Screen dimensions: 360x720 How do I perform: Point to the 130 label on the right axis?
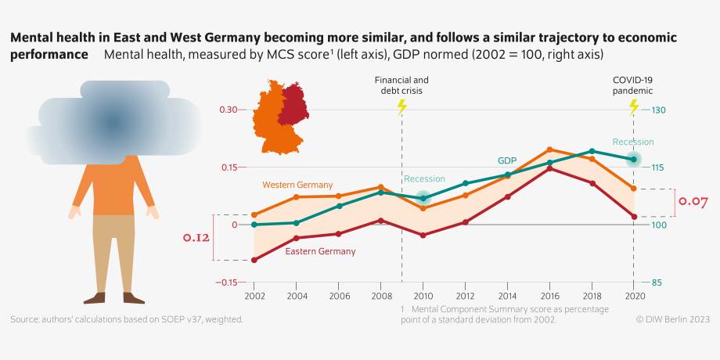(x=657, y=110)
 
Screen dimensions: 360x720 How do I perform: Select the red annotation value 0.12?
(x=196, y=237)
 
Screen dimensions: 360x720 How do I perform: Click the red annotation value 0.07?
(x=693, y=202)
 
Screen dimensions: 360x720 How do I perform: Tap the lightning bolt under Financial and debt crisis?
(x=402, y=107)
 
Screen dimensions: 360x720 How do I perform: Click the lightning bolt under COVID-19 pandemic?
(x=634, y=107)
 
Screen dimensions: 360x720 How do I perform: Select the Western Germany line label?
(x=292, y=185)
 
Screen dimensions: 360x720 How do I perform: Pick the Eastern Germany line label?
(x=320, y=251)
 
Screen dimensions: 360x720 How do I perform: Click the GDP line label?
(x=507, y=160)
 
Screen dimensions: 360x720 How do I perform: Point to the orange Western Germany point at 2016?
(x=549, y=149)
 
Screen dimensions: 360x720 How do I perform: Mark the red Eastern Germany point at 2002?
(x=254, y=260)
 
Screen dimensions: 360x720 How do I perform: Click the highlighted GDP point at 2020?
(x=634, y=160)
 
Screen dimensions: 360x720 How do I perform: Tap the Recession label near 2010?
(x=424, y=179)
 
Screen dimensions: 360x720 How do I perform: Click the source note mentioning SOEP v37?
(x=127, y=319)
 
